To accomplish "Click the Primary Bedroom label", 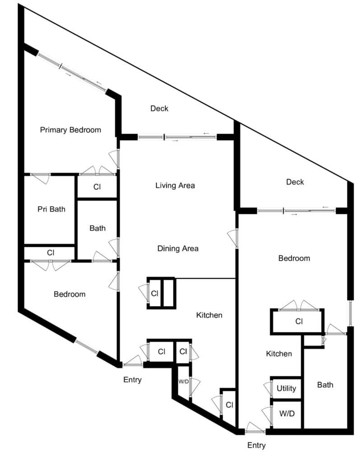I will [x=70, y=130].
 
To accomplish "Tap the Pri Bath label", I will [x=51, y=209].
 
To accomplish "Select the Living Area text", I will [x=175, y=185].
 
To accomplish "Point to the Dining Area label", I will [x=178, y=249].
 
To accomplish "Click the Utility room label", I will [x=286, y=388].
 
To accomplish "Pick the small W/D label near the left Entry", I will [x=183, y=381].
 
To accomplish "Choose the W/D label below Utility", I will [x=287, y=414].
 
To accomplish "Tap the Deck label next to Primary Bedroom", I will [x=159, y=108].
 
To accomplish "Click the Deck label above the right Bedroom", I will [x=295, y=182].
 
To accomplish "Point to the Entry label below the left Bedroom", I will [x=132, y=380].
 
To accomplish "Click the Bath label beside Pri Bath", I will [x=97, y=228].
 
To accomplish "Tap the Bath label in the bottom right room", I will [x=325, y=385].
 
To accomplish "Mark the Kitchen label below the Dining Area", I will [x=209, y=315].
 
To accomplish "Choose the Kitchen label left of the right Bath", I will [x=279, y=353].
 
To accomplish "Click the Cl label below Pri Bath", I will [x=51, y=253].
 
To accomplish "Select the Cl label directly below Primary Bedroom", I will [x=97, y=187].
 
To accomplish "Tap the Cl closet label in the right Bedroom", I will [x=299, y=321].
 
